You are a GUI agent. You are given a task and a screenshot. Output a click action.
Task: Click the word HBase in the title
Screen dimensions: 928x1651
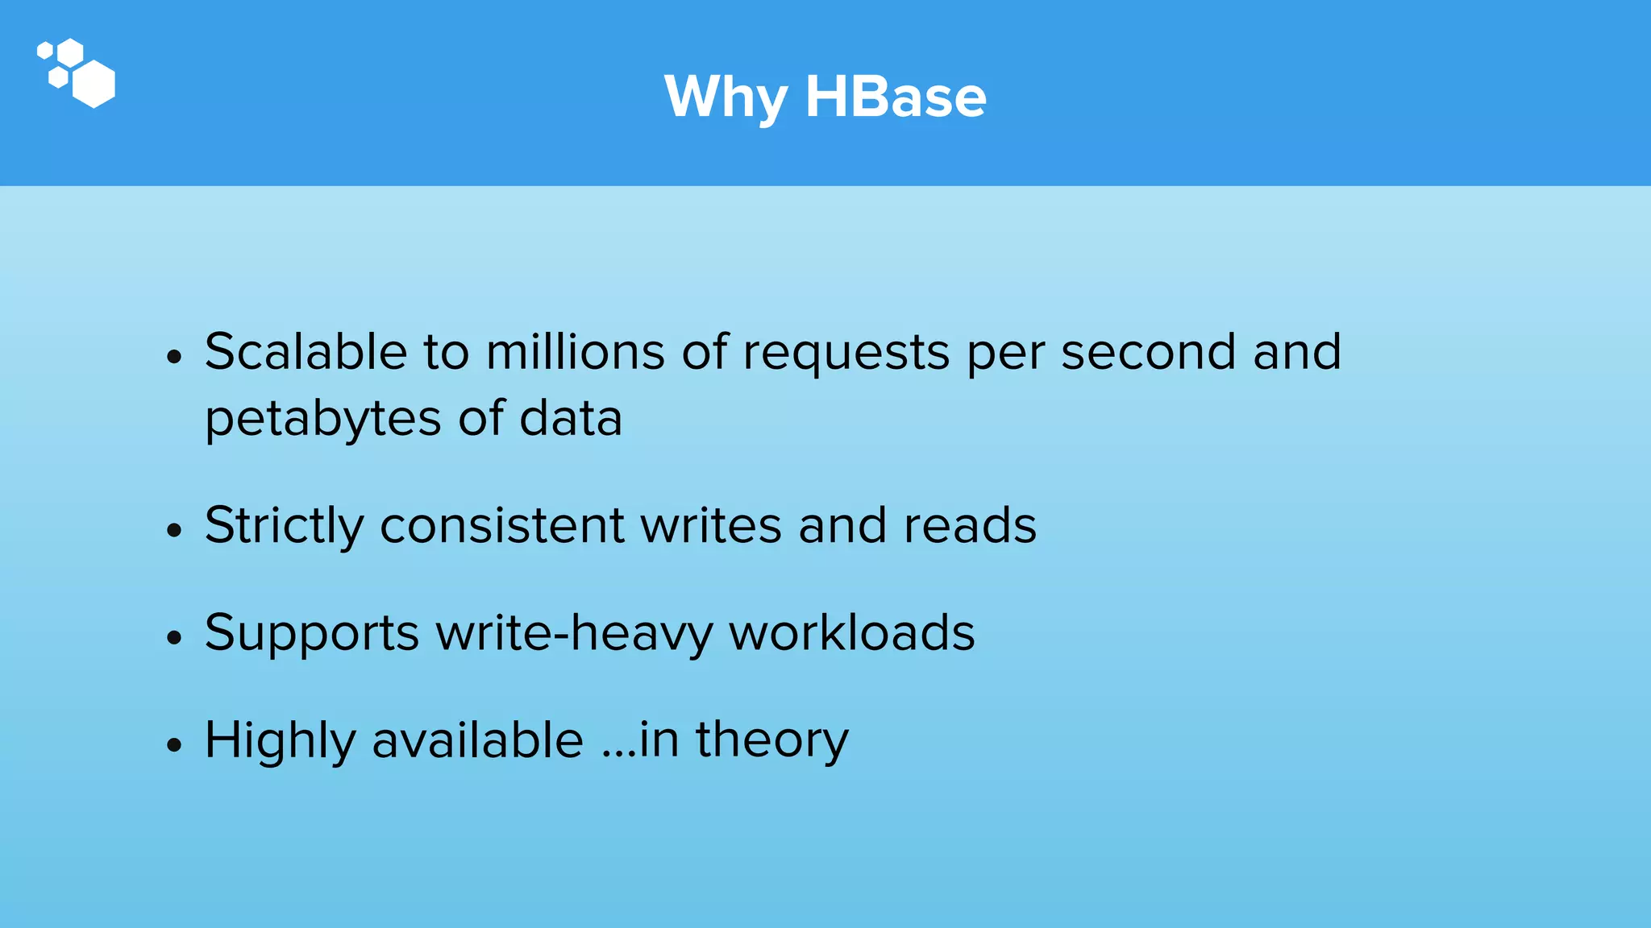pyautogui.click(x=895, y=97)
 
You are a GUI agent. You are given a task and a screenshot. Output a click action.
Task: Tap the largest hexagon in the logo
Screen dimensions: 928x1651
pyautogui.click(x=94, y=83)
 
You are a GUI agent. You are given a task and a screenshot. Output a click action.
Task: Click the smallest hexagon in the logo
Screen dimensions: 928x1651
pyautogui.click(x=45, y=51)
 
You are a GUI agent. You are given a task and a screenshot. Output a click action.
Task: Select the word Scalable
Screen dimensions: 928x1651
pyautogui.click(x=306, y=352)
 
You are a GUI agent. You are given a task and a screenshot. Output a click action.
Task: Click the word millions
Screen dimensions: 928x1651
pyautogui.click(x=575, y=352)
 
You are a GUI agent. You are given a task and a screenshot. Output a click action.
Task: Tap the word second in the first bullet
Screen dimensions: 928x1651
pyautogui.click(x=1148, y=352)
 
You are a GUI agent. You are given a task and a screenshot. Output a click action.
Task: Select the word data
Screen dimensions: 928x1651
pyautogui.click(x=571, y=419)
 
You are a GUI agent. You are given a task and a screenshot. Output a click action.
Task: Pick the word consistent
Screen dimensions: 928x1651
pyautogui.click(x=501, y=525)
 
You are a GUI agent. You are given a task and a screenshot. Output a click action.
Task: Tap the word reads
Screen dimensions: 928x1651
pyautogui.click(x=970, y=525)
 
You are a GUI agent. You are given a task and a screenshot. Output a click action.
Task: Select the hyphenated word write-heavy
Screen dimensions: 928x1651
pyautogui.click(x=574, y=633)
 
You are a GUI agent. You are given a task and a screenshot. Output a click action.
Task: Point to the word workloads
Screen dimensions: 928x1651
pyautogui.click(x=852, y=632)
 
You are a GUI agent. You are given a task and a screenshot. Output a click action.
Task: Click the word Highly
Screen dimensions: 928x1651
pyautogui.click(x=280, y=741)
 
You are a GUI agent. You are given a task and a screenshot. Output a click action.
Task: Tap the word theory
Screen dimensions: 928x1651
pyautogui.click(x=771, y=741)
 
